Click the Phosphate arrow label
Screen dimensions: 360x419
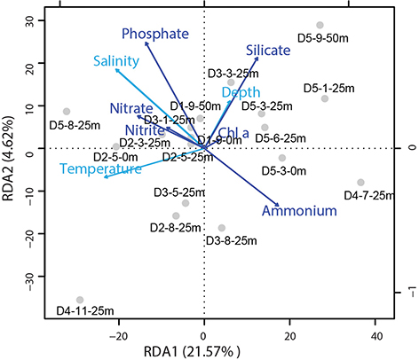click(x=156, y=35)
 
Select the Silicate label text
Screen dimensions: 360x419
click(x=268, y=51)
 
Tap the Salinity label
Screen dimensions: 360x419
click(x=117, y=61)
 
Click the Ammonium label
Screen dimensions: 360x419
click(x=299, y=211)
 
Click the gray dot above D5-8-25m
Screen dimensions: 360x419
click(x=67, y=112)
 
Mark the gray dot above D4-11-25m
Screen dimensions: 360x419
click(x=80, y=300)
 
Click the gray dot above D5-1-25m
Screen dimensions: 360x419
click(x=325, y=98)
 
